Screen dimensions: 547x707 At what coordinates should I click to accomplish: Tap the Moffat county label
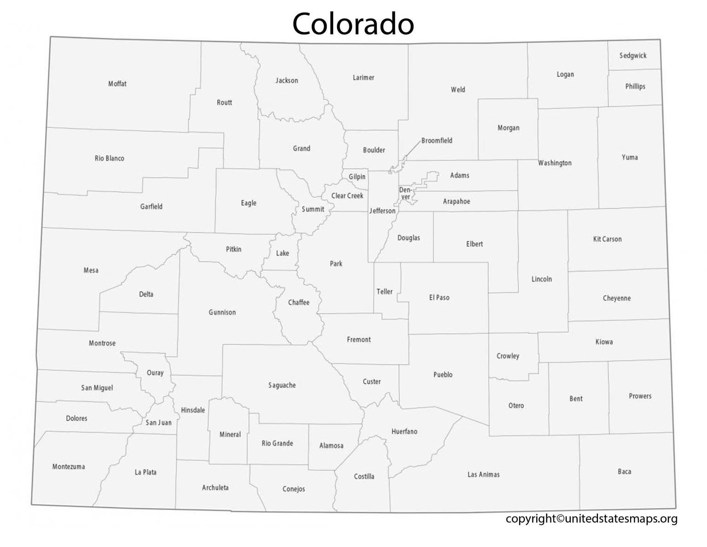pos(117,84)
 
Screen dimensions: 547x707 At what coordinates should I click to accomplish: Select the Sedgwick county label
pos(633,56)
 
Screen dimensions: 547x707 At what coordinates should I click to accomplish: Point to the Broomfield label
pos(437,141)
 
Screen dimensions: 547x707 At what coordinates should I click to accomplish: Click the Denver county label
pos(405,193)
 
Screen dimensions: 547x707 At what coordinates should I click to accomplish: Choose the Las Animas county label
pos(483,474)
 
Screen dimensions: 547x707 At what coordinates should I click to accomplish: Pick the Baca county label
pos(625,471)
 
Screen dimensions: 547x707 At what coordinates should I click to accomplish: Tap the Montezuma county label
pos(69,466)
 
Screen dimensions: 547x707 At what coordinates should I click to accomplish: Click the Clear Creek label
pos(348,196)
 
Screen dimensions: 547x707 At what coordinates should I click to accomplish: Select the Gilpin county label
pos(357,176)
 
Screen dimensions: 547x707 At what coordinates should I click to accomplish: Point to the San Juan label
pos(158,423)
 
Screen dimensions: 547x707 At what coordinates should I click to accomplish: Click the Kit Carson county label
pos(607,239)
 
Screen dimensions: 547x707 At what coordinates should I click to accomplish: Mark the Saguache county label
pos(282,385)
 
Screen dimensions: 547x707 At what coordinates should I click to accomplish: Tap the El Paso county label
pos(439,298)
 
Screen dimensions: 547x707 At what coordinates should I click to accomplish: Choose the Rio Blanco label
pos(110,158)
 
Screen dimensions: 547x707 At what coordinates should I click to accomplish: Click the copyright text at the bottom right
pos(591,519)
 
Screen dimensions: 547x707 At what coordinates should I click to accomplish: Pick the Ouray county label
pos(155,373)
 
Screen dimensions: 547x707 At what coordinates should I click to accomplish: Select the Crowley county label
pos(508,356)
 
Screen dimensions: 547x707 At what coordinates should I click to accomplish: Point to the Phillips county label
pos(635,87)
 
